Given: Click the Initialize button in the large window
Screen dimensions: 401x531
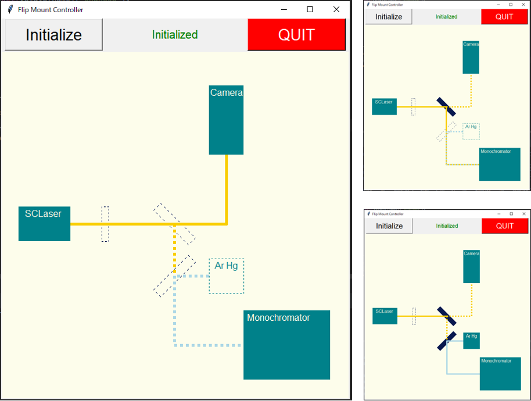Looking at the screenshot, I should click(x=53, y=35).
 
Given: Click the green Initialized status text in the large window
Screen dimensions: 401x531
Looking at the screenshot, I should click(x=175, y=35).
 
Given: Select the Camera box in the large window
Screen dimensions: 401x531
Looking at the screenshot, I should click(x=226, y=120).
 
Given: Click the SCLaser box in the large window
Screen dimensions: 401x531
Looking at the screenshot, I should click(x=44, y=224).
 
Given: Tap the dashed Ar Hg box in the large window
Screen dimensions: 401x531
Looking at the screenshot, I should click(x=227, y=276).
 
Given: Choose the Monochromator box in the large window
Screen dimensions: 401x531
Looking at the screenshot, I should click(x=286, y=345).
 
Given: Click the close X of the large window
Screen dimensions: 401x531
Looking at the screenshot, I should click(x=336, y=9).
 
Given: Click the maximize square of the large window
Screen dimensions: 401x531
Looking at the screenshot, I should click(x=310, y=9).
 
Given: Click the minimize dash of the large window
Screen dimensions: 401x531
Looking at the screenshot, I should click(x=284, y=9).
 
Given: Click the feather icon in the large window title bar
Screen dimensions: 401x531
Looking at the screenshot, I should click(x=9, y=9).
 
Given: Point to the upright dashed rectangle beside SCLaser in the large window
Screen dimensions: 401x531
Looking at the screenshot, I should click(x=105, y=224).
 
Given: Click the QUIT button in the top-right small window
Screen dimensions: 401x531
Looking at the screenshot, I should click(x=504, y=17).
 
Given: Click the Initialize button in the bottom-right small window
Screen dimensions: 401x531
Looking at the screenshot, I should click(x=389, y=226).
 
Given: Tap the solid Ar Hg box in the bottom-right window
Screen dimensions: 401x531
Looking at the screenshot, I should click(x=471, y=341).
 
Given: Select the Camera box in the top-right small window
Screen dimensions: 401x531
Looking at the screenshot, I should click(x=471, y=57).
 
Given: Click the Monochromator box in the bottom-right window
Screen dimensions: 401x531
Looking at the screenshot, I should click(x=500, y=374).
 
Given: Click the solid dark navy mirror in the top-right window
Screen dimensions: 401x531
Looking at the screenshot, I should click(x=446, y=107).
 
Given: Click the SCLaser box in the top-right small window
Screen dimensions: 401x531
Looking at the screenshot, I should click(x=384, y=106).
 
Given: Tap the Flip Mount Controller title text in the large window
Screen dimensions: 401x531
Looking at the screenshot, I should click(x=51, y=9).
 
